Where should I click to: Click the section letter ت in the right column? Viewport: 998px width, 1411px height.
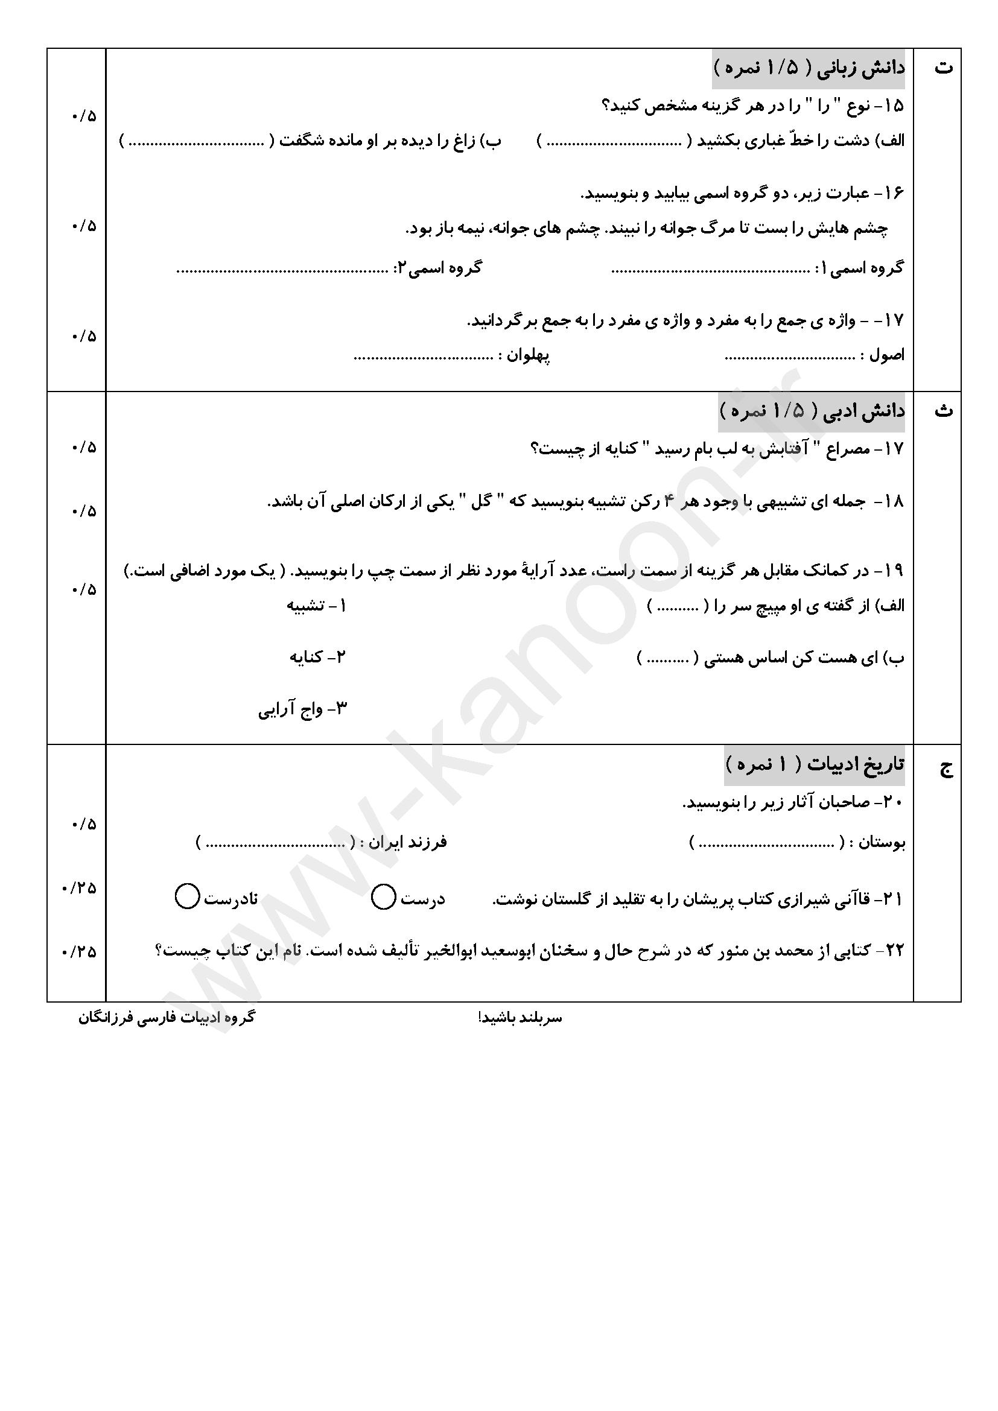click(943, 68)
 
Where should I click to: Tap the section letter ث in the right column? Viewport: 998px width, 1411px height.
click(943, 411)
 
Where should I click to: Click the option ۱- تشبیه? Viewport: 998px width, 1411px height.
click(316, 606)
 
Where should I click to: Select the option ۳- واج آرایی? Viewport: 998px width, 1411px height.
click(302, 710)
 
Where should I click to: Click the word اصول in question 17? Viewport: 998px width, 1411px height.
click(887, 355)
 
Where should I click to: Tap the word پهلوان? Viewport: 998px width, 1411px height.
click(528, 355)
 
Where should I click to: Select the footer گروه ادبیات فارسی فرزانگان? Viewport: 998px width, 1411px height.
click(166, 1018)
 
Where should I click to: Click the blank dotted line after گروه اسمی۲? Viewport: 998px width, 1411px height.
click(282, 270)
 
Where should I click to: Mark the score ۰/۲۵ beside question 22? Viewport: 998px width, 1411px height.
click(80, 952)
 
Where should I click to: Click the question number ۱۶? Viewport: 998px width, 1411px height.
click(894, 193)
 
